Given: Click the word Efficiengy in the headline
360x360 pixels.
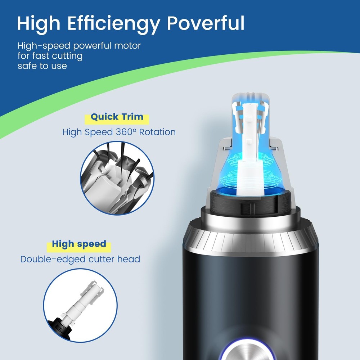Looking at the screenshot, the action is [113, 24].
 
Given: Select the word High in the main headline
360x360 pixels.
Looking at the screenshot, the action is [39, 24].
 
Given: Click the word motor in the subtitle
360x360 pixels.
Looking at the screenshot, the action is [127, 45].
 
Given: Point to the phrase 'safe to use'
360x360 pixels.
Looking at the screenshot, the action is [42, 66].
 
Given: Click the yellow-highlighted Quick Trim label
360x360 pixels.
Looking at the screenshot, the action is [117, 117].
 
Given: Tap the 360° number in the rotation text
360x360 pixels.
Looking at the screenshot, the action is [126, 132].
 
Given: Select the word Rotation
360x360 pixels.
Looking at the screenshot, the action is [158, 132].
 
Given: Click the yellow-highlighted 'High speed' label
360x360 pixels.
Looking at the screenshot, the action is [79, 244].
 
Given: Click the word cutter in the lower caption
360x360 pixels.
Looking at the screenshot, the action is [102, 259].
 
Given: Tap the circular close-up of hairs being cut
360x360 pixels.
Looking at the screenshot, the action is [117, 178].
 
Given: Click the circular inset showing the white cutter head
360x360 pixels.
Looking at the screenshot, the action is [80, 305].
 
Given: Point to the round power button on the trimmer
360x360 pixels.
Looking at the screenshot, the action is [247, 351].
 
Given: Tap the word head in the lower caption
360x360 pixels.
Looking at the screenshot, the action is [129, 259].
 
